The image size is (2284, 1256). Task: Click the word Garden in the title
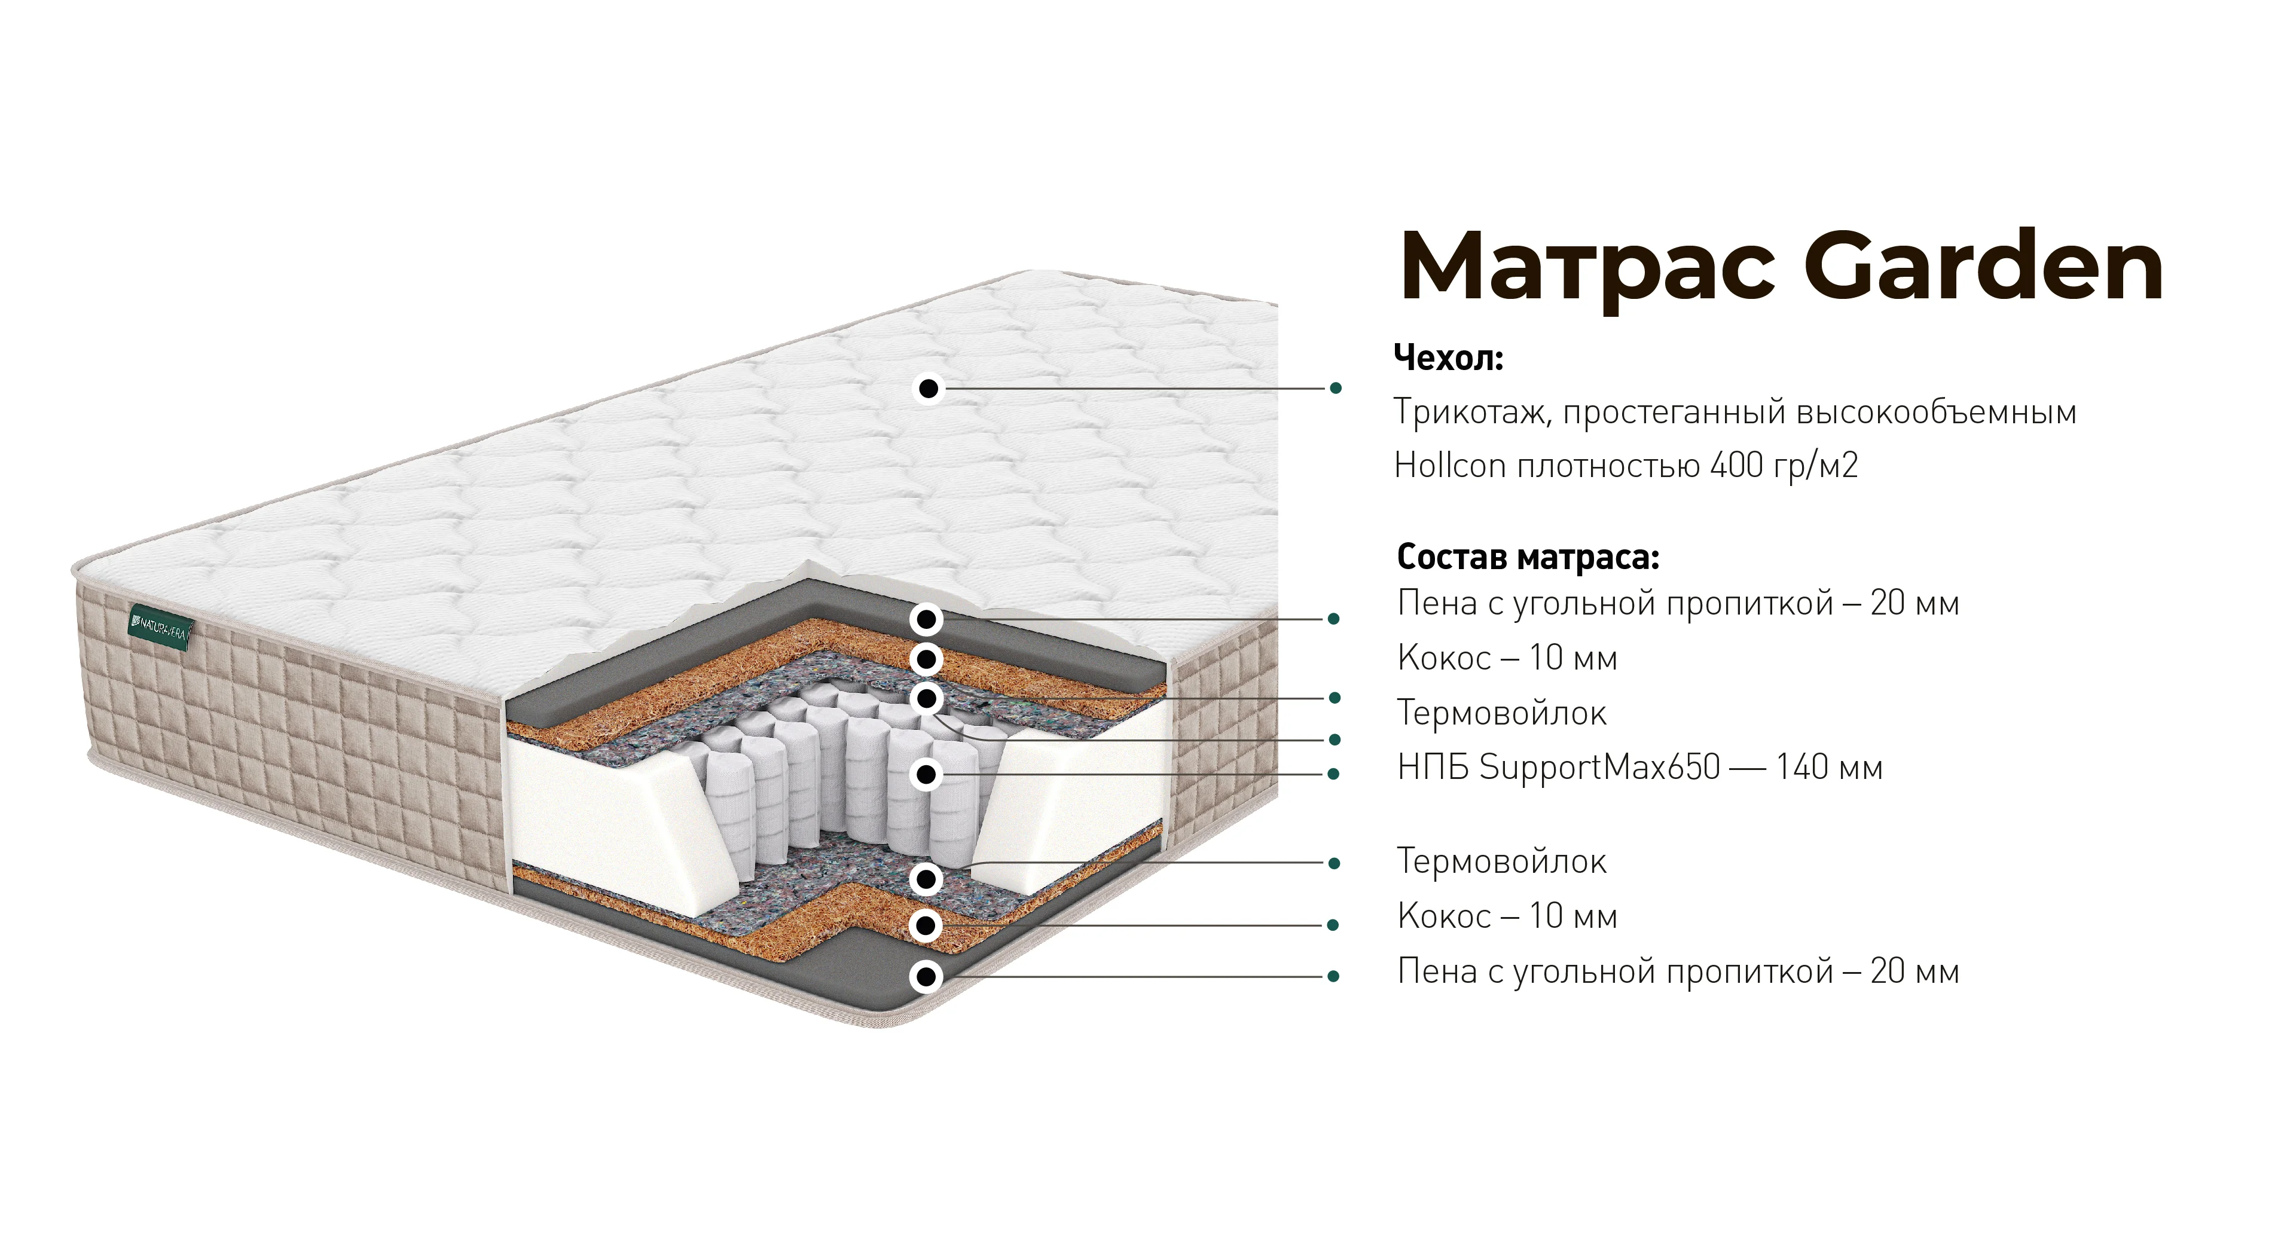click(1984, 267)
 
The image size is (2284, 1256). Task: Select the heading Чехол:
click(1449, 358)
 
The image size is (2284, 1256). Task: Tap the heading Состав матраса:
click(1528, 558)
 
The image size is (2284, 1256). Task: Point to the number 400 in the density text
click(1737, 465)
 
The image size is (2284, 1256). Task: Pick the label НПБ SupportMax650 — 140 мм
click(1639, 768)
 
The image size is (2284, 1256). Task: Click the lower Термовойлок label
click(1501, 861)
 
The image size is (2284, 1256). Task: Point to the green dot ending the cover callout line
click(1335, 388)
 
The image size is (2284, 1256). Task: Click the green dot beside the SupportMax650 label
click(1333, 774)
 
